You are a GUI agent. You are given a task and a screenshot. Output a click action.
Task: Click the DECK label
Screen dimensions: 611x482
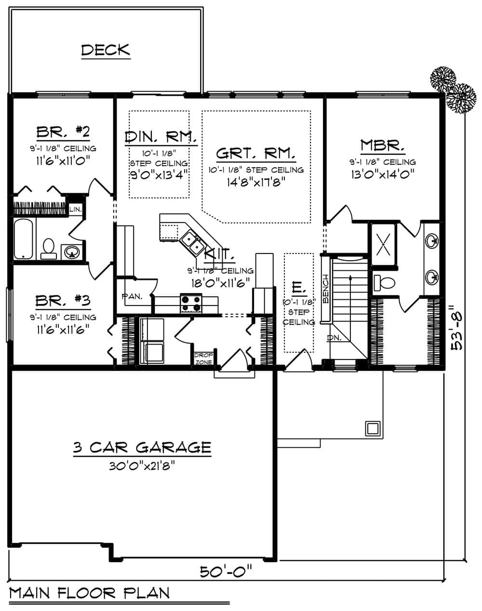[106, 50]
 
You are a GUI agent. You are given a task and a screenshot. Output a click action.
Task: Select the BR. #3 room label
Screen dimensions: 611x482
[63, 301]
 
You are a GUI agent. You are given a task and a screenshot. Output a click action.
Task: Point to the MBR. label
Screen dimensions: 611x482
[383, 145]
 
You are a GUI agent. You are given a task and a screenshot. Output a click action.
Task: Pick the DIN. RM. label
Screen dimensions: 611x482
[161, 137]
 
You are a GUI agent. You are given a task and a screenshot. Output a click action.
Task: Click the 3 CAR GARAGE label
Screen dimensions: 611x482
[142, 448]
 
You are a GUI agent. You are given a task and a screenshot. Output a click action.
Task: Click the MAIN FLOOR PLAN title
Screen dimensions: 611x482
[89, 593]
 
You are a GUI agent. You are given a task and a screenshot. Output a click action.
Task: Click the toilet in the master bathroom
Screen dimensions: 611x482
[384, 283]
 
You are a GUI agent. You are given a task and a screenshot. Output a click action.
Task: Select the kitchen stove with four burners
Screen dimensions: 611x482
[191, 303]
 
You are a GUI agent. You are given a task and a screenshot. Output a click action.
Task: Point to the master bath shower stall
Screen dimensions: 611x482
[383, 245]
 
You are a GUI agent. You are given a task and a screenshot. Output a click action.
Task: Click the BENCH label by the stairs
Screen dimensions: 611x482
[326, 290]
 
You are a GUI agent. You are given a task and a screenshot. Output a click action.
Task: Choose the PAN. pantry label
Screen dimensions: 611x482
[132, 297]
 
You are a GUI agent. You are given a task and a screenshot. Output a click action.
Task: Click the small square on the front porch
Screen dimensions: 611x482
[372, 427]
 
